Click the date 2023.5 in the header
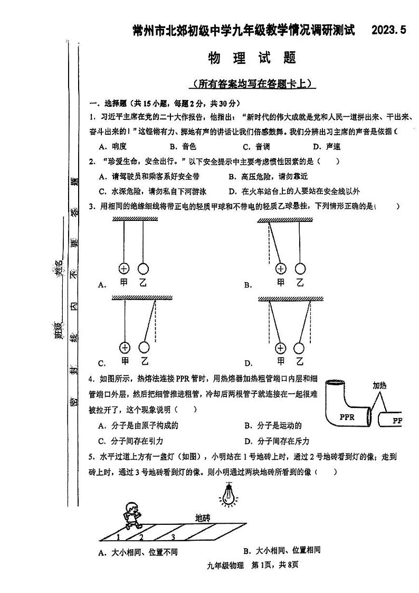pos(389,31)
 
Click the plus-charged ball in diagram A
pos(125,268)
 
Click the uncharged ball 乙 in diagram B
pos(300,268)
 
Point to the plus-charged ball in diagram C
pos(125,347)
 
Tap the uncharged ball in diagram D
pos(299,347)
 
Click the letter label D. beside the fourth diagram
pos(248,363)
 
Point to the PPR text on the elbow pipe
pos(347,417)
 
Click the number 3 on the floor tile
pos(173,538)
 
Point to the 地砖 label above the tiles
pos(203,517)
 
